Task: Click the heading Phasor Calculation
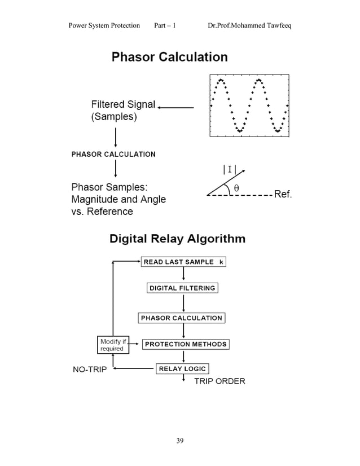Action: click(169, 57)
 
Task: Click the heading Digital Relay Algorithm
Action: click(177, 239)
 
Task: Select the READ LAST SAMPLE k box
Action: click(183, 262)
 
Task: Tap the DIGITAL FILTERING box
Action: click(182, 288)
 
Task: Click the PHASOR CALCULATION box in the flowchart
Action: click(181, 318)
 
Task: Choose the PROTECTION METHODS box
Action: click(185, 344)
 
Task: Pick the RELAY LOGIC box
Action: click(182, 369)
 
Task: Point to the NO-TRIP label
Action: click(90, 370)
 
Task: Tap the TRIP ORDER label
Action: click(219, 381)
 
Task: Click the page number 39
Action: click(180, 441)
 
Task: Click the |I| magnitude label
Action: click(230, 168)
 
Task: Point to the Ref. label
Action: click(283, 195)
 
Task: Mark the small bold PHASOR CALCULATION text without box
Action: click(113, 154)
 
